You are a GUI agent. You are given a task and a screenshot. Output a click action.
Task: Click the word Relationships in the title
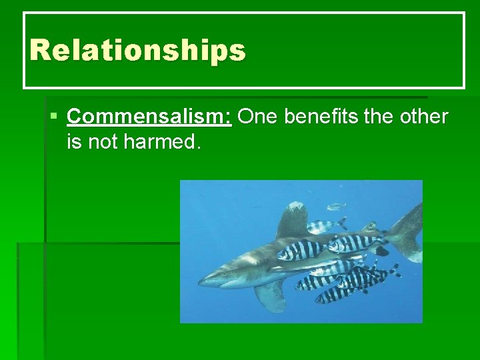coord(137,51)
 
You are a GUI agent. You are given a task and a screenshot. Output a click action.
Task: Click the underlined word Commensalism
coord(148,117)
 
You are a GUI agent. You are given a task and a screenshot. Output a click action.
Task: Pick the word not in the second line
coord(102,141)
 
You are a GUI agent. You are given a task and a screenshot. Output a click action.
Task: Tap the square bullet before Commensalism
coord(54,117)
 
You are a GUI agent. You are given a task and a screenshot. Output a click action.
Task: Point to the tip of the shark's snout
coord(201,282)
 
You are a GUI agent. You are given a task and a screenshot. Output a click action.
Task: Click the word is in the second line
coord(75,141)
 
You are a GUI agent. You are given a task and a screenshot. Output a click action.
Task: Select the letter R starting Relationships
coord(40,51)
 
